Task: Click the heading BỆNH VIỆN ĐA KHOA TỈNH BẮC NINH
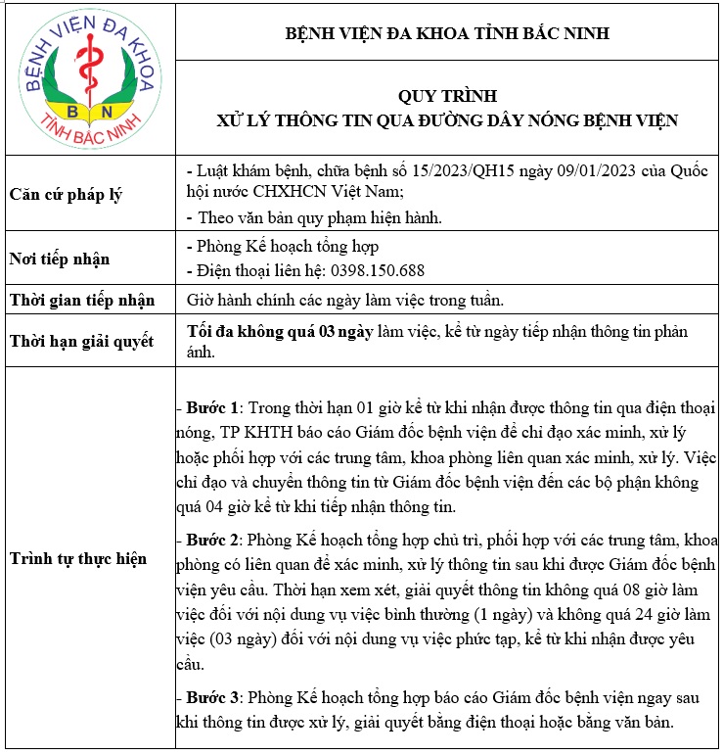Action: [x=446, y=33]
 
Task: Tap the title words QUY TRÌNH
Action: [x=447, y=96]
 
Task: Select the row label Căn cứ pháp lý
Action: [x=65, y=194]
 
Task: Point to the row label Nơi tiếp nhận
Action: [x=59, y=260]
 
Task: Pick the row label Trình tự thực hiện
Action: [x=78, y=558]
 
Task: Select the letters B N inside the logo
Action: [x=80, y=104]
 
